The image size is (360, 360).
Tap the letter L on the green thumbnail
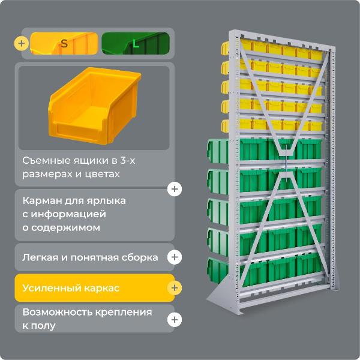[x=135, y=43]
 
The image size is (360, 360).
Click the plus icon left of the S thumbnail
[x=22, y=43]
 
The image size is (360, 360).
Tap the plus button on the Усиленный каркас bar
[x=175, y=289]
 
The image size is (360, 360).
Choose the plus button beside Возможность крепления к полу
[x=175, y=320]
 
